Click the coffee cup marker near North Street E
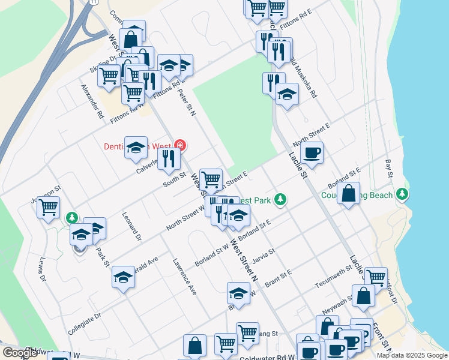[x=312, y=153]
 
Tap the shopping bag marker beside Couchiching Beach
[x=349, y=194]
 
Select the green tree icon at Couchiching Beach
[x=402, y=194]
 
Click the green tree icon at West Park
[x=279, y=199]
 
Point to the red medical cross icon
[x=179, y=145]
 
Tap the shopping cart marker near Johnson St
[x=48, y=208]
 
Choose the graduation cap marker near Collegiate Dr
[x=123, y=277]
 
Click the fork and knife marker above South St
[x=169, y=158]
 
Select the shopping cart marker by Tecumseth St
[x=376, y=277]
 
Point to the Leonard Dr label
[x=131, y=226]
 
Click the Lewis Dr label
[x=42, y=270]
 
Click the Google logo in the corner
[x=19, y=353]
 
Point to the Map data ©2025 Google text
[x=411, y=355]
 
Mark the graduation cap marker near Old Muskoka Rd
[x=287, y=94]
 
